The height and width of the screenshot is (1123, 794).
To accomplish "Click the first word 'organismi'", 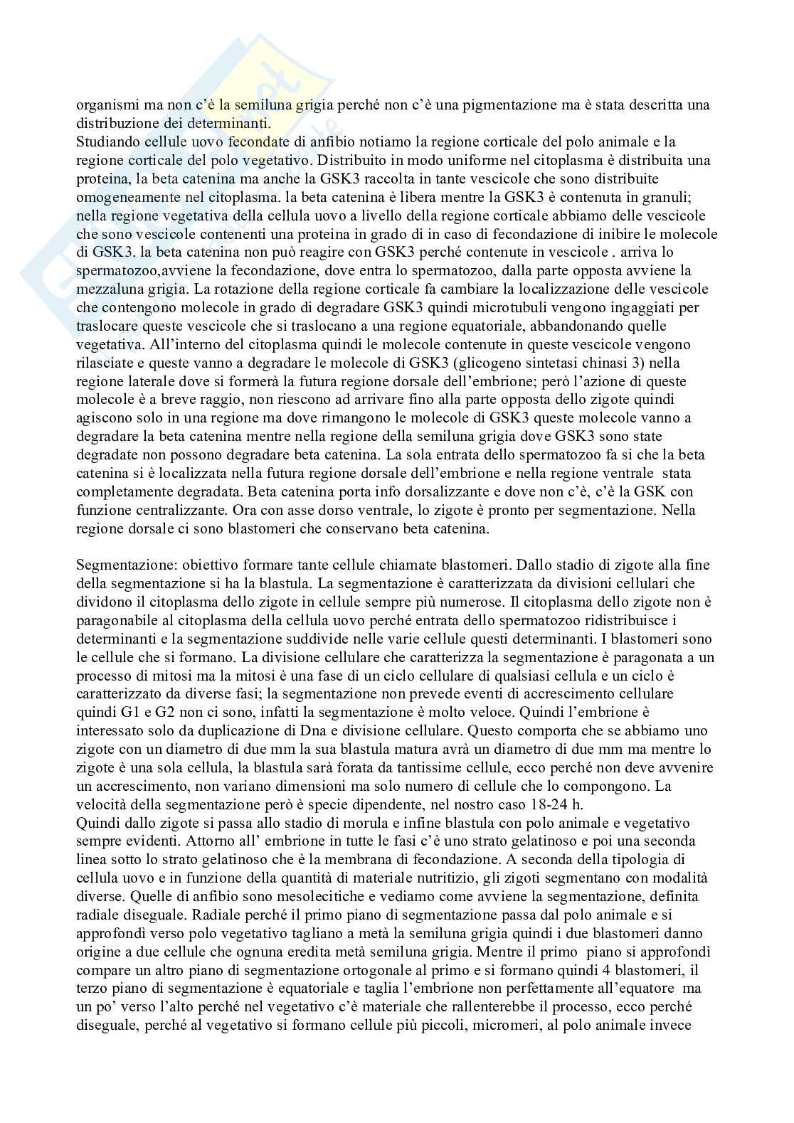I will point(100,105).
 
